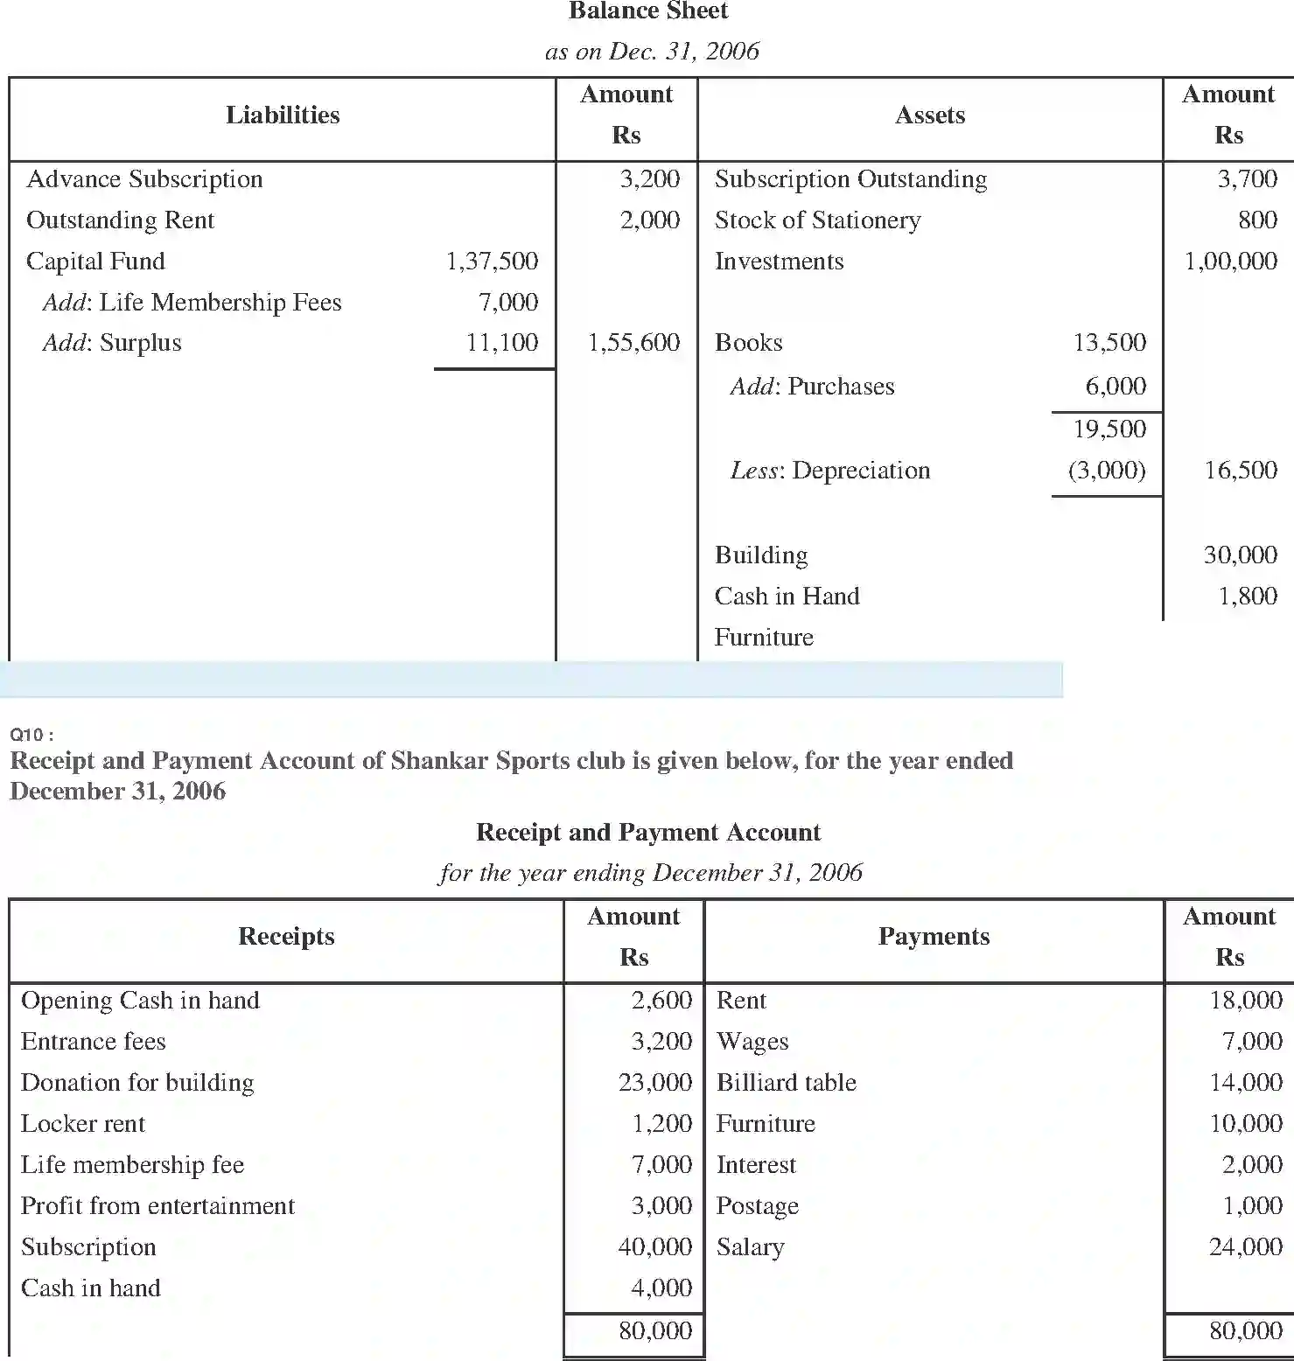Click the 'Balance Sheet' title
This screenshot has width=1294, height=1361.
tap(647, 11)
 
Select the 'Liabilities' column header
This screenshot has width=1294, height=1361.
tap(283, 115)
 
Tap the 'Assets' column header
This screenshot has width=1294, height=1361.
tap(929, 115)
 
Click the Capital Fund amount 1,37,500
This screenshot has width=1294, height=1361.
tap(492, 262)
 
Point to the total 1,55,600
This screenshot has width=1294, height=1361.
tap(633, 343)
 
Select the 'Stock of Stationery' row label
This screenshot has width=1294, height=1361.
tap(817, 220)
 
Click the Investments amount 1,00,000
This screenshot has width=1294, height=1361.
tap(1230, 262)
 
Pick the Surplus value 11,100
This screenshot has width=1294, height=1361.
tap(501, 343)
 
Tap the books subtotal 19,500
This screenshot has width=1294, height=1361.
tap(1109, 429)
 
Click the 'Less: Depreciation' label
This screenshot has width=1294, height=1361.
tap(830, 471)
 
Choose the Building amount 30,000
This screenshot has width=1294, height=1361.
tap(1240, 555)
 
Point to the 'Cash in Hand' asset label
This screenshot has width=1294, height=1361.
tap(787, 597)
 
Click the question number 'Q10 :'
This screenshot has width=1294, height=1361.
tap(31, 735)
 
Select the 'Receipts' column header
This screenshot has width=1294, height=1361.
tap(286, 937)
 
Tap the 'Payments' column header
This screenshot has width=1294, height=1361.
tap(934, 937)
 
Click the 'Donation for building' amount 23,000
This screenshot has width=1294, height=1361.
tap(654, 1083)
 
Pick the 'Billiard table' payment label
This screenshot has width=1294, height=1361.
tap(786, 1083)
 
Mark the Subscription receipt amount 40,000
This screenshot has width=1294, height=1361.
tap(654, 1247)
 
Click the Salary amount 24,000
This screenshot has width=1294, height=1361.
tap(1245, 1247)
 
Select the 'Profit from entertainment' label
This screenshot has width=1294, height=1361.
tap(157, 1206)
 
